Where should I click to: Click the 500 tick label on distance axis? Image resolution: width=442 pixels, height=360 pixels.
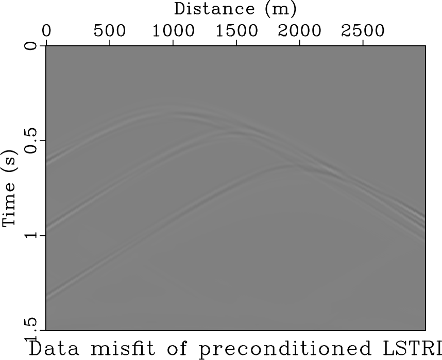[x=110, y=30]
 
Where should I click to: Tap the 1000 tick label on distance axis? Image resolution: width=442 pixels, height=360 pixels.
[x=173, y=30]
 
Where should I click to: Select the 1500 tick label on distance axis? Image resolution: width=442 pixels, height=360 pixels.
[x=236, y=30]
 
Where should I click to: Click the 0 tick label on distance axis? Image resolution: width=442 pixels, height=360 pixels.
[x=46, y=30]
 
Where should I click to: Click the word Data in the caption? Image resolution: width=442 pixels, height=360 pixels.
[x=51, y=348]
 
